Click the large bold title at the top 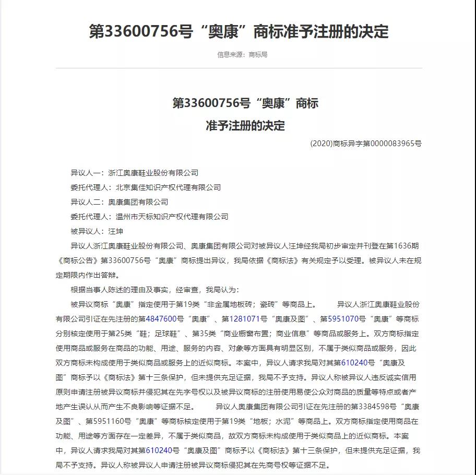pyautogui.click(x=239, y=31)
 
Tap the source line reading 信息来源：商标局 pyautogui.click(x=242, y=55)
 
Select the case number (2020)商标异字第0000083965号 pyautogui.click(x=365, y=143)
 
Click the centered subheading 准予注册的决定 pyautogui.click(x=245, y=126)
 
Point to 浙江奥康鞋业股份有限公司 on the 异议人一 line pyautogui.click(x=153, y=173)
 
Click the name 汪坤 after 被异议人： pyautogui.click(x=115, y=231)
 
